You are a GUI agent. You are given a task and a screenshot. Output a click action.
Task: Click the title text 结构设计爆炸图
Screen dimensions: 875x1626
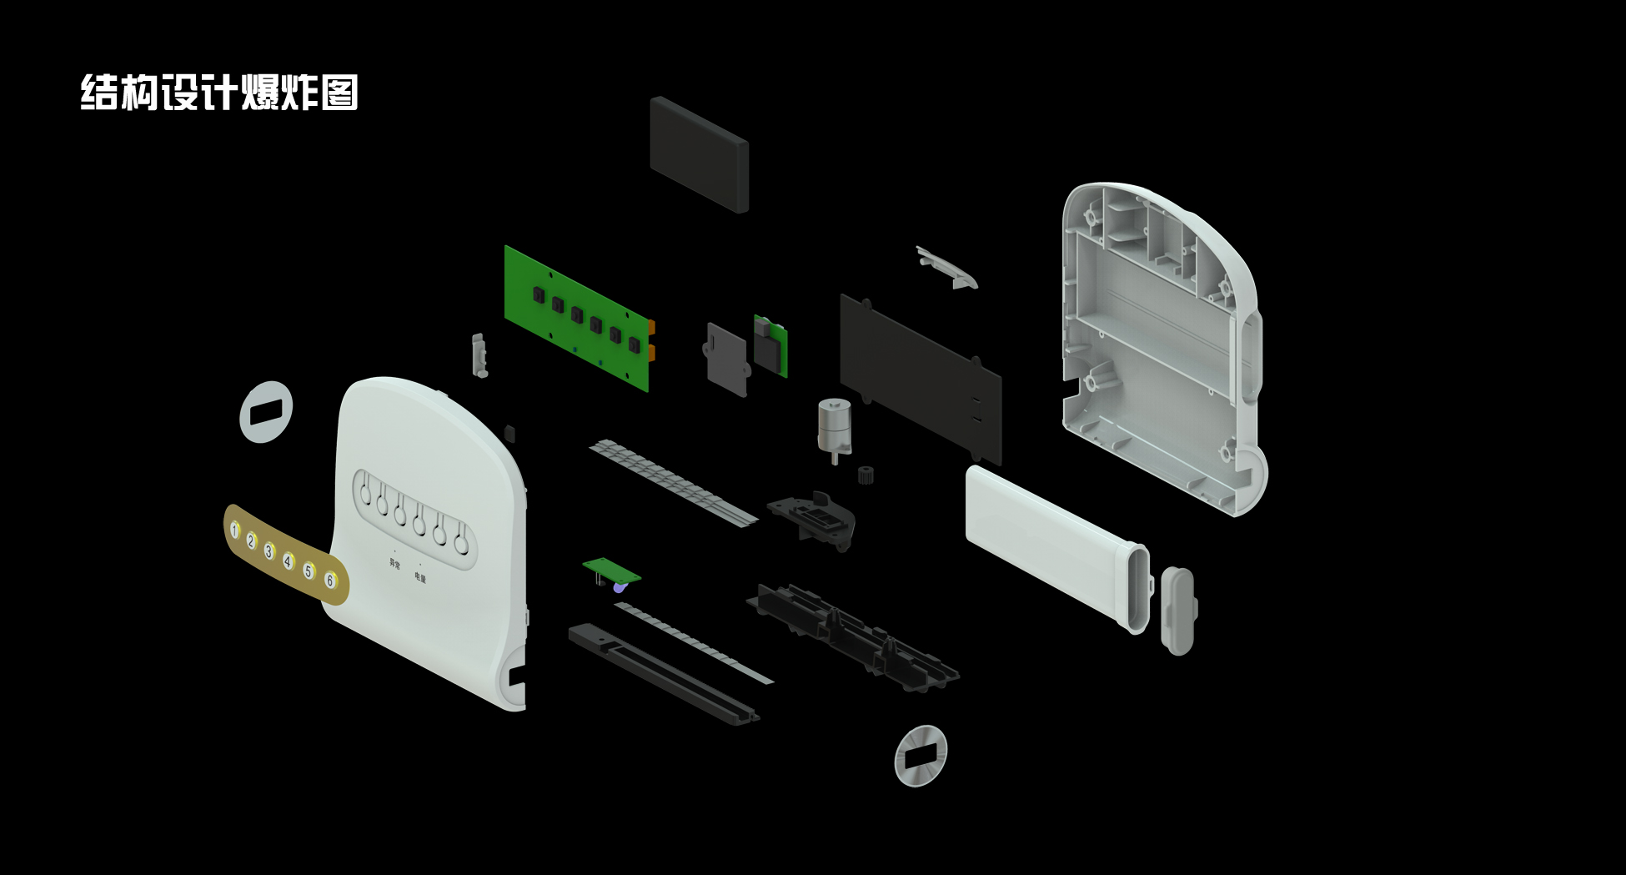(219, 93)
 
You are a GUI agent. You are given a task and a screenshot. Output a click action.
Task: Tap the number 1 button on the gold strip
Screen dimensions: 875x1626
(235, 530)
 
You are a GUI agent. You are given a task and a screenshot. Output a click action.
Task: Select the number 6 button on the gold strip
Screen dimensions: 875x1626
(330, 581)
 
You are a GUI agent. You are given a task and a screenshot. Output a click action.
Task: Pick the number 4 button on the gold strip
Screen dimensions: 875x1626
(288, 561)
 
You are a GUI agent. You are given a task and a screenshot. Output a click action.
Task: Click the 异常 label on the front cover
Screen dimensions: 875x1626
(394, 563)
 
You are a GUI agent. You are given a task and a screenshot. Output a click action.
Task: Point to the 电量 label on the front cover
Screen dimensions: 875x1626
(419, 576)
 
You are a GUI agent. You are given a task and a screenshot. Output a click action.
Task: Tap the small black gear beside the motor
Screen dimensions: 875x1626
(866, 475)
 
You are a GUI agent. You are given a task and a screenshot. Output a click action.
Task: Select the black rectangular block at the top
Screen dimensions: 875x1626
(699, 154)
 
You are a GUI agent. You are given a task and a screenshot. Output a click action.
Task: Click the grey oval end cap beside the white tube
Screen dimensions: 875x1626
(1177, 611)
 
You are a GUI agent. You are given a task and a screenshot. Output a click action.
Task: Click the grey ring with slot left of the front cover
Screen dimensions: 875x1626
(266, 411)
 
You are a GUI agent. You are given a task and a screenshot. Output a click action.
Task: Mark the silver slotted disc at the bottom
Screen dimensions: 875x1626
(921, 756)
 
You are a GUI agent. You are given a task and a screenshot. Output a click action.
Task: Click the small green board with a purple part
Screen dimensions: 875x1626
(611, 571)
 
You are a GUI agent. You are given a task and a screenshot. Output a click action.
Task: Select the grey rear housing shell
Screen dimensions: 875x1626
(1159, 342)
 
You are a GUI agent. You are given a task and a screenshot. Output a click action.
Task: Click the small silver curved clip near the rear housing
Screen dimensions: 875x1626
(946, 267)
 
